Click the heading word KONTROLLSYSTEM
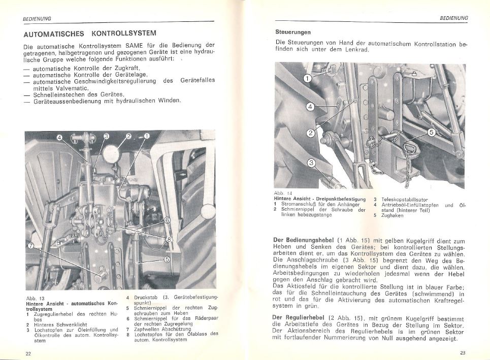(x=124, y=34)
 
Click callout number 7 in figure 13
(x=32, y=245)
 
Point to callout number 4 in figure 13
(x=59, y=137)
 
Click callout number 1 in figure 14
(x=308, y=79)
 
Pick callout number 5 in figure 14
(x=432, y=133)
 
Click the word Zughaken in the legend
(x=391, y=215)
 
